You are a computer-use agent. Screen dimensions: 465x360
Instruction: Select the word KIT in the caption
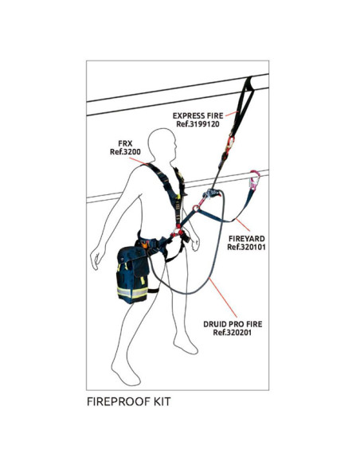159,402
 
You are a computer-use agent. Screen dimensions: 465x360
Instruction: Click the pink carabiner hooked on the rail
255,182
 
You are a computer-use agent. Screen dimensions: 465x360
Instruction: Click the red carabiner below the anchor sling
230,143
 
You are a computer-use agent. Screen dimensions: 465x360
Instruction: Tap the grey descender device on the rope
211,195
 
